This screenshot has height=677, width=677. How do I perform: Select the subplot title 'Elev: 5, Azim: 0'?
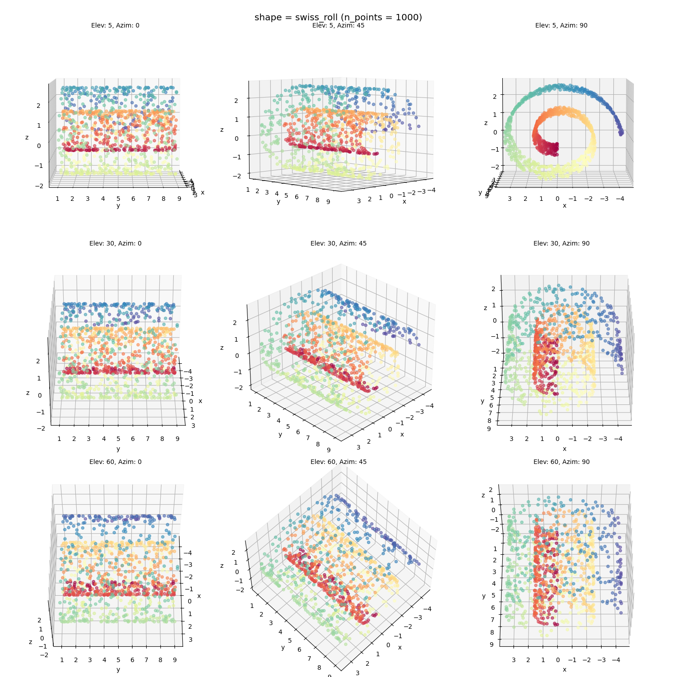click(x=115, y=25)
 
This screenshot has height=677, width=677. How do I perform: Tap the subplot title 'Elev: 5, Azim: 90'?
click(x=561, y=25)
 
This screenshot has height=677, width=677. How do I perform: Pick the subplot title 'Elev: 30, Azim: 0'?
click(x=115, y=243)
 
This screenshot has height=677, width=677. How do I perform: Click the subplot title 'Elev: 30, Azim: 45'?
click(x=338, y=243)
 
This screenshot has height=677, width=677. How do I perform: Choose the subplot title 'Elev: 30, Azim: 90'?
click(x=561, y=243)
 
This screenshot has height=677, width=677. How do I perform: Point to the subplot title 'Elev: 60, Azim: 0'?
click(x=115, y=462)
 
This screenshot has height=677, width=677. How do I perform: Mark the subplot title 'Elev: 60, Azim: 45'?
click(x=338, y=462)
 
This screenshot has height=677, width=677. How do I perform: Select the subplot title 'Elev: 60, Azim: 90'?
click(x=561, y=462)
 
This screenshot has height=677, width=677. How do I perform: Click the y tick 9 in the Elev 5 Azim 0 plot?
click(x=179, y=199)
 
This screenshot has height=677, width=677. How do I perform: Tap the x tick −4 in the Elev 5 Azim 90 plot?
click(x=620, y=199)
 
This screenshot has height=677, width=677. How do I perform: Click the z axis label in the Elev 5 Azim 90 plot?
click(x=486, y=123)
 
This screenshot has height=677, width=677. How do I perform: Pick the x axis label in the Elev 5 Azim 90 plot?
click(x=564, y=206)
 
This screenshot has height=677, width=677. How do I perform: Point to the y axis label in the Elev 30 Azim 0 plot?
click(x=118, y=449)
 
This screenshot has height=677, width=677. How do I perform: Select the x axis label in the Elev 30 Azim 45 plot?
click(x=402, y=434)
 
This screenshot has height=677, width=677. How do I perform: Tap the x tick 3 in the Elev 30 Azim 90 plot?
click(x=511, y=439)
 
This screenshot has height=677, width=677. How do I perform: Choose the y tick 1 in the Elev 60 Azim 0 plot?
click(x=62, y=660)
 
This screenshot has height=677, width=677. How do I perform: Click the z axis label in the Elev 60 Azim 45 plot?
click(x=222, y=566)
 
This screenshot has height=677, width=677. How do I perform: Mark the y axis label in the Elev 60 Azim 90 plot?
click(x=484, y=596)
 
